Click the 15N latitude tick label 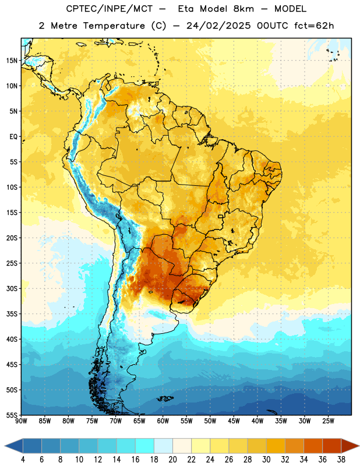(x=12, y=61)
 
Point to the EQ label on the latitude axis (x=13, y=137)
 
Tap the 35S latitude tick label (x=12, y=314)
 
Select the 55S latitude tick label (x=12, y=415)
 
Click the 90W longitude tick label (x=21, y=421)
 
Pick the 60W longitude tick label (x=163, y=421)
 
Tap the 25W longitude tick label (x=328, y=421)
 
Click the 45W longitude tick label (x=234, y=421)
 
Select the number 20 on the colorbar (x=172, y=460)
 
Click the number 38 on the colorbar (x=341, y=460)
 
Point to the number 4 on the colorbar (x=23, y=460)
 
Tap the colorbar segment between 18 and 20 (x=163, y=446)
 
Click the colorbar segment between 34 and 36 (x=313, y=446)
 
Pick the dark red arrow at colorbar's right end (x=349, y=446)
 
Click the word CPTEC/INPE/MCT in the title (x=110, y=9)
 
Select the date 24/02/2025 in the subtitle (x=218, y=26)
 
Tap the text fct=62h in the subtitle (x=314, y=26)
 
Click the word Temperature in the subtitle (x=114, y=26)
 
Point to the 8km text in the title (x=243, y=9)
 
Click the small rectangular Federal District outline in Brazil (x=221, y=216)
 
